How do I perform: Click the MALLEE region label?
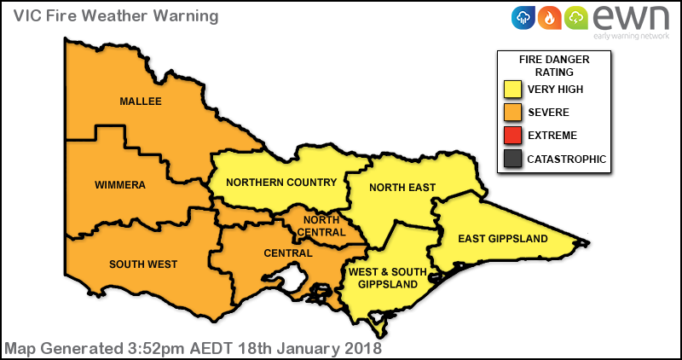(x=141, y=102)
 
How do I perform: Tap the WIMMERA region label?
(x=120, y=185)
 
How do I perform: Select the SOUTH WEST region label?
(x=143, y=264)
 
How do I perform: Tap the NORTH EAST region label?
(x=402, y=188)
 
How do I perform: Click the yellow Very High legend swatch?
(x=511, y=90)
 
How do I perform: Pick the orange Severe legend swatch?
(x=511, y=113)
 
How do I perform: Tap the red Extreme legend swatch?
(x=511, y=136)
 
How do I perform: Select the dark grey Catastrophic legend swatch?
(x=511, y=159)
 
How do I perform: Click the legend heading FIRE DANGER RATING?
(x=554, y=67)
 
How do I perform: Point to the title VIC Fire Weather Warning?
(x=110, y=16)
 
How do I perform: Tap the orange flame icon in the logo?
(x=550, y=17)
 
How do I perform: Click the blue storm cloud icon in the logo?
(x=523, y=17)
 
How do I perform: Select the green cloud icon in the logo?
(x=576, y=17)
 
